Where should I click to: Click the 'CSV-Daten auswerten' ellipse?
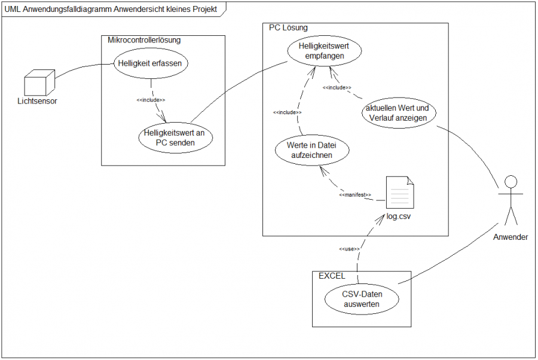pos(362,299)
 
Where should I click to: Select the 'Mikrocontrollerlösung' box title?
pos(143,40)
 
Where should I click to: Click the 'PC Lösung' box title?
pos(289,28)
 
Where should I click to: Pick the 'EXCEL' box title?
pos(332,276)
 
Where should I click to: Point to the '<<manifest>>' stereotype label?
pos(355,195)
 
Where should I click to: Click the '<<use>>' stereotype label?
pos(349,249)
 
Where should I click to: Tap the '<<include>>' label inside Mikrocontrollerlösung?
pos(151,99)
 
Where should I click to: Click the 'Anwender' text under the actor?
pos(511,237)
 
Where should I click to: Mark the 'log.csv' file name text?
pos(399,215)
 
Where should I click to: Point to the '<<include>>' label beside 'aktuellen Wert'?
pos(337,88)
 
